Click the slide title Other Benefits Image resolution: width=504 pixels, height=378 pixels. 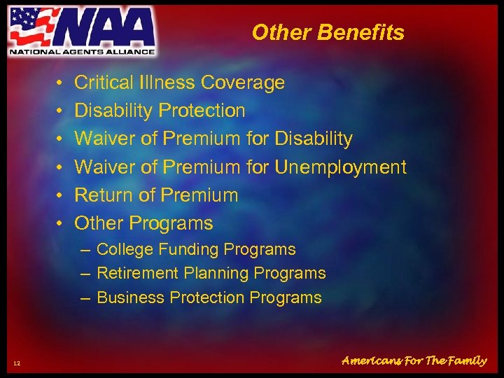tap(328, 32)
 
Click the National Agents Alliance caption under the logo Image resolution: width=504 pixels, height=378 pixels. tap(82, 50)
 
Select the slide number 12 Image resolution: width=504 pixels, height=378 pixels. tap(17, 361)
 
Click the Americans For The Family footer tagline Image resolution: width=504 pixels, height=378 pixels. tap(414, 360)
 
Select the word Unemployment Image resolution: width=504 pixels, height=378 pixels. tap(340, 167)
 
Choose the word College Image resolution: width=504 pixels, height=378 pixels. tap(124, 249)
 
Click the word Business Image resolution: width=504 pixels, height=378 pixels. tap(127, 297)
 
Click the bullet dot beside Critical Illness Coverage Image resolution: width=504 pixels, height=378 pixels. tap(61, 83)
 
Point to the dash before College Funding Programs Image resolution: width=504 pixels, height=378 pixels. tap(85, 250)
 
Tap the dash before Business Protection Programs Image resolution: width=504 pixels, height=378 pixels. tap(85, 298)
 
